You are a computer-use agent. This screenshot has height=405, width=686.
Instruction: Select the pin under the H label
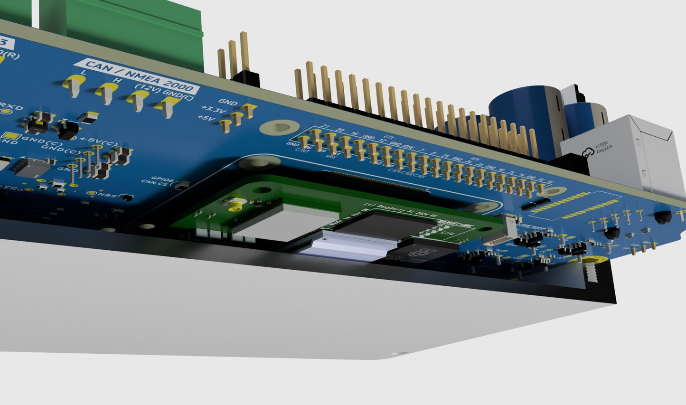[x=105, y=93]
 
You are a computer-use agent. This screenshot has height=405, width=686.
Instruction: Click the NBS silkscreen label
[x=104, y=194]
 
